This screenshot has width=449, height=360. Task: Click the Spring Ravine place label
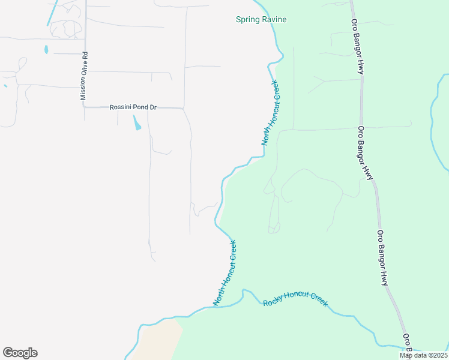click(x=261, y=20)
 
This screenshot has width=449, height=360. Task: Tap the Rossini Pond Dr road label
click(x=133, y=107)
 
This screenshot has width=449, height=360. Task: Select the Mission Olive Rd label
click(x=85, y=75)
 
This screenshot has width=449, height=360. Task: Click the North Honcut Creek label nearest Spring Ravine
click(x=270, y=113)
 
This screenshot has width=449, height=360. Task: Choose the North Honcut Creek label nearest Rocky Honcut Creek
click(x=225, y=273)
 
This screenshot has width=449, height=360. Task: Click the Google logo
click(x=20, y=353)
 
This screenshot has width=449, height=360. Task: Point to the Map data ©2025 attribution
click(x=423, y=355)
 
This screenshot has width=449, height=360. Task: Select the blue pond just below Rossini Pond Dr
click(x=137, y=123)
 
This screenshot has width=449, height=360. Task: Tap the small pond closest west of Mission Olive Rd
click(x=46, y=50)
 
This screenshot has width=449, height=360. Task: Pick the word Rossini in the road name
click(x=121, y=107)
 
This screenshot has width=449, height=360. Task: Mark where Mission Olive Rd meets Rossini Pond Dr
click(x=85, y=106)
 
